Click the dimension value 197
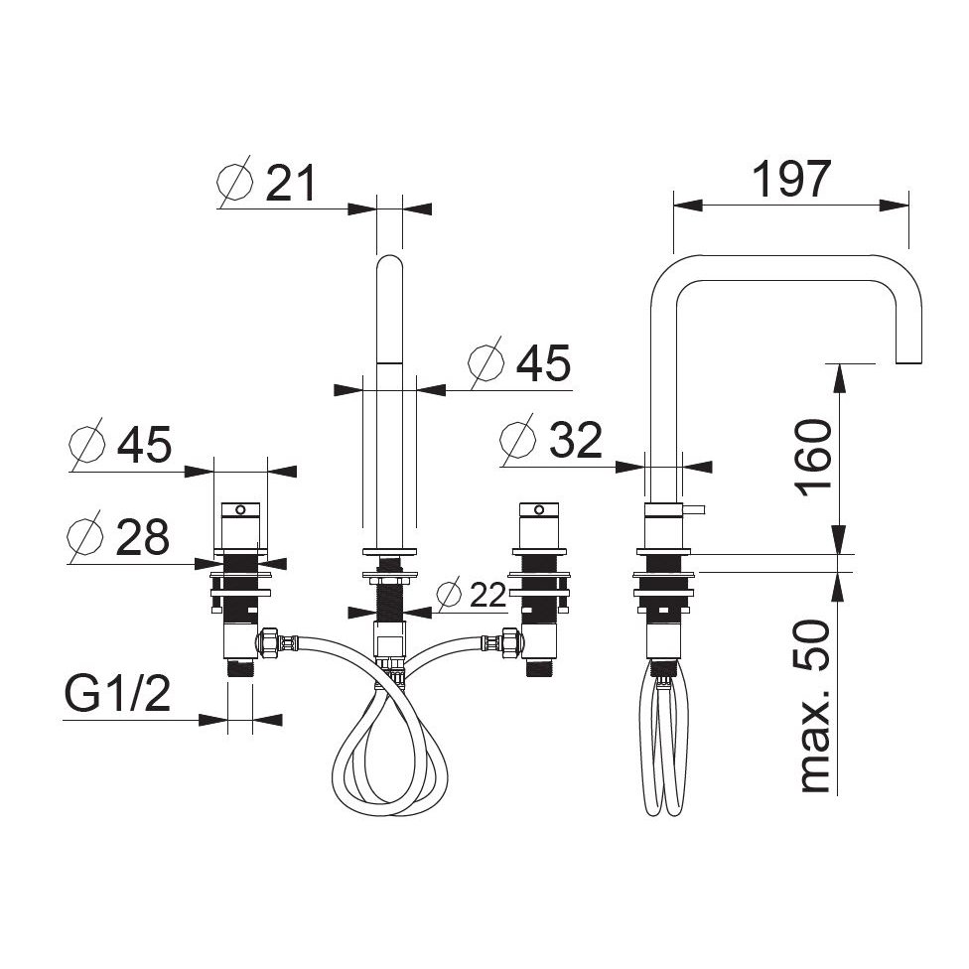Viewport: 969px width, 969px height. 791,180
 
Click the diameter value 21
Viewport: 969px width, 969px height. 291,183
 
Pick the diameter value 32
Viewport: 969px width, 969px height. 576,440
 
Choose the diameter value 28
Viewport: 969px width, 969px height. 142,537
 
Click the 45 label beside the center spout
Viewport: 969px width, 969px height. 543,363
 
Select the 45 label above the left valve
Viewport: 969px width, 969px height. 144,445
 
